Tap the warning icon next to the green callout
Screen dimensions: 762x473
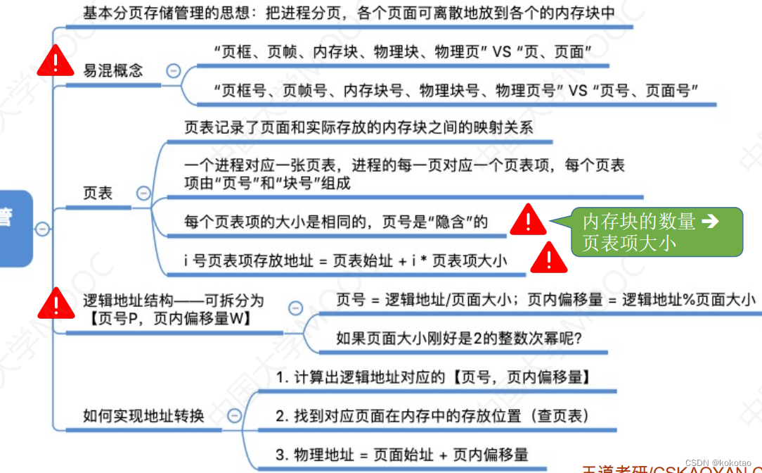pyautogui.click(x=528, y=220)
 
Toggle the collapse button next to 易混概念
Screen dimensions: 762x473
pyautogui.click(x=172, y=70)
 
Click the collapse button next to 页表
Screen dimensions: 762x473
pyautogui.click(x=143, y=193)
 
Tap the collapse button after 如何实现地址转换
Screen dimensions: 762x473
pyautogui.click(x=233, y=416)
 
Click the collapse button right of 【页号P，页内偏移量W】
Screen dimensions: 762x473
pyautogui.click(x=296, y=308)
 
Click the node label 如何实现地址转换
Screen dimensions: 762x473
pyautogui.click(x=143, y=416)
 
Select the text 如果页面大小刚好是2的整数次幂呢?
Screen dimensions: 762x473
pyautogui.click(x=463, y=339)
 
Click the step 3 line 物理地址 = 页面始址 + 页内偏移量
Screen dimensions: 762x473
pyautogui.click(x=401, y=455)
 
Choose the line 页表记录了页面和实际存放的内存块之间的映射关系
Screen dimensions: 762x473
pyautogui.click(x=359, y=127)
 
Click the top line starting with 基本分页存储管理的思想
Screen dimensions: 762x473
pyautogui.click(x=349, y=13)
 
